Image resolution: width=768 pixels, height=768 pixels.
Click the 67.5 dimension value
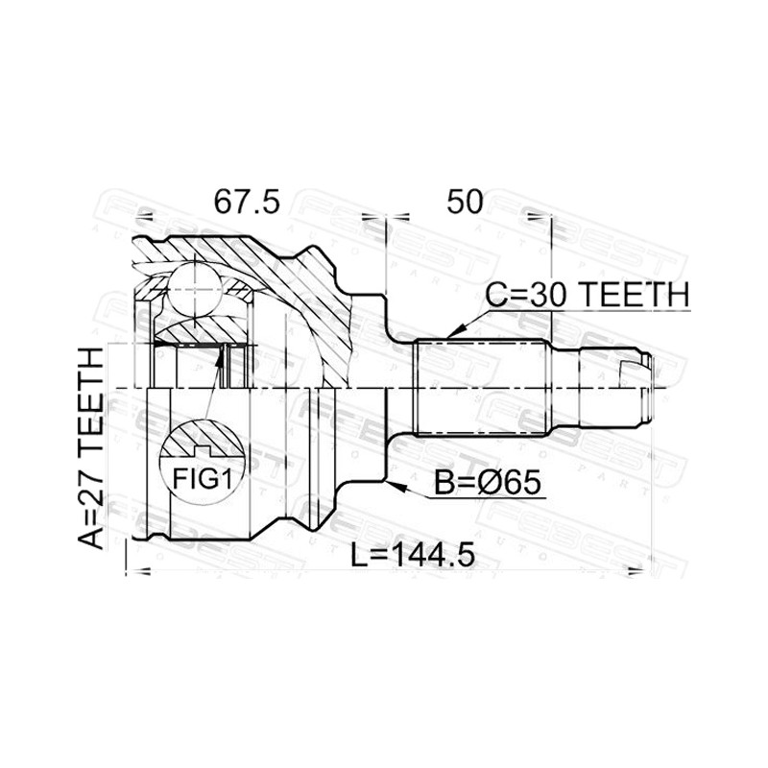click(x=248, y=202)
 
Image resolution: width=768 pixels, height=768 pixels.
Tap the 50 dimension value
click(x=465, y=202)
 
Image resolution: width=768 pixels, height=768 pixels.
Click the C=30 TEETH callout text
click(x=588, y=295)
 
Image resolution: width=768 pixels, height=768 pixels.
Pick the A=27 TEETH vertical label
click(x=91, y=448)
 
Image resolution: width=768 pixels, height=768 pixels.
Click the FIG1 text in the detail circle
click(x=202, y=478)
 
